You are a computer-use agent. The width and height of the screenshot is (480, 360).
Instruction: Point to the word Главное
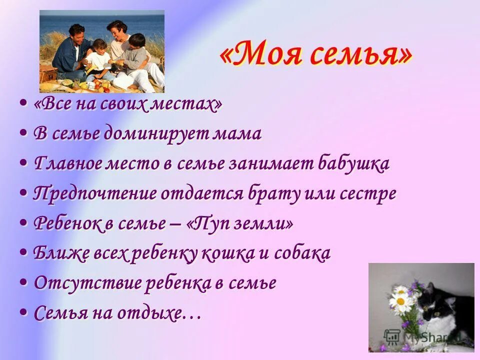coord(67,164)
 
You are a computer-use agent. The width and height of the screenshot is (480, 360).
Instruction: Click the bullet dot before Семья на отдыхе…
coord(23,312)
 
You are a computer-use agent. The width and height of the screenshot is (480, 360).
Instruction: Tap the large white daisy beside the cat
coord(400,301)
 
